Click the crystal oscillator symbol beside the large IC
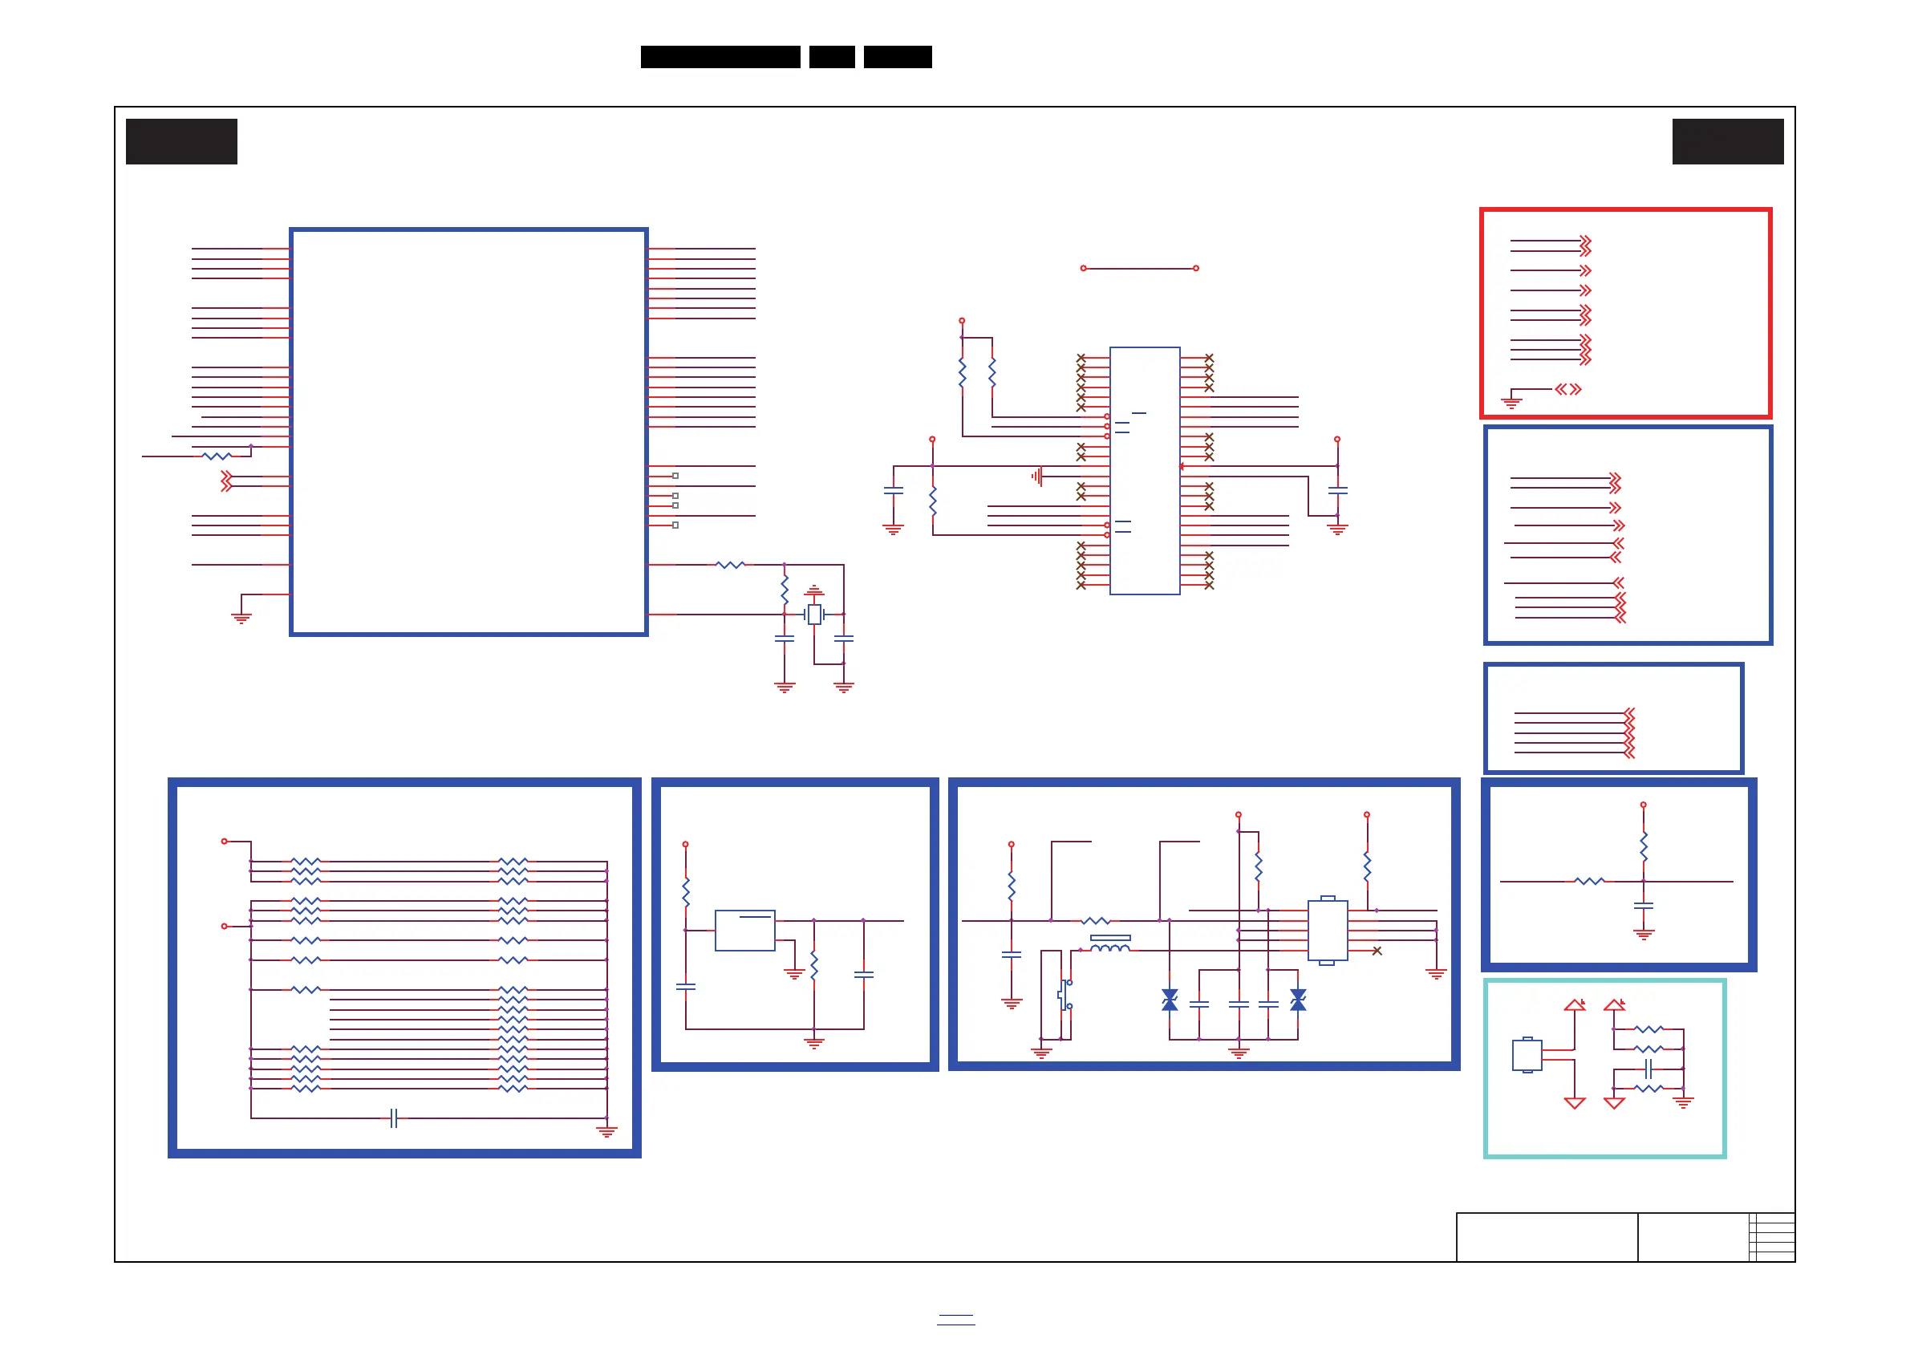point(814,615)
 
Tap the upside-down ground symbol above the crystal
point(814,590)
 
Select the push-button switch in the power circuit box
point(1065,994)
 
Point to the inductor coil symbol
point(1109,945)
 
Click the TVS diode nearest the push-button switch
point(1170,1000)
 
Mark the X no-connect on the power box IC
point(1377,951)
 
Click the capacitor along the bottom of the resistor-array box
point(395,1118)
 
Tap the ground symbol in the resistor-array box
point(606,1131)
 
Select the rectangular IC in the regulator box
point(744,930)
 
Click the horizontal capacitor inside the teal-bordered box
point(1648,1069)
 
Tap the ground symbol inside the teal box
point(1683,1103)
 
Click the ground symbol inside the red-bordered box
point(1511,403)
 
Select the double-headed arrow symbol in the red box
point(1568,389)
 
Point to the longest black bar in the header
point(720,57)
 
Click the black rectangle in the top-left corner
point(181,141)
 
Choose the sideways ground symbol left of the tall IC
point(1036,477)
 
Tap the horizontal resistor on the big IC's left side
point(217,456)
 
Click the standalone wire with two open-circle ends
point(1139,269)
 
